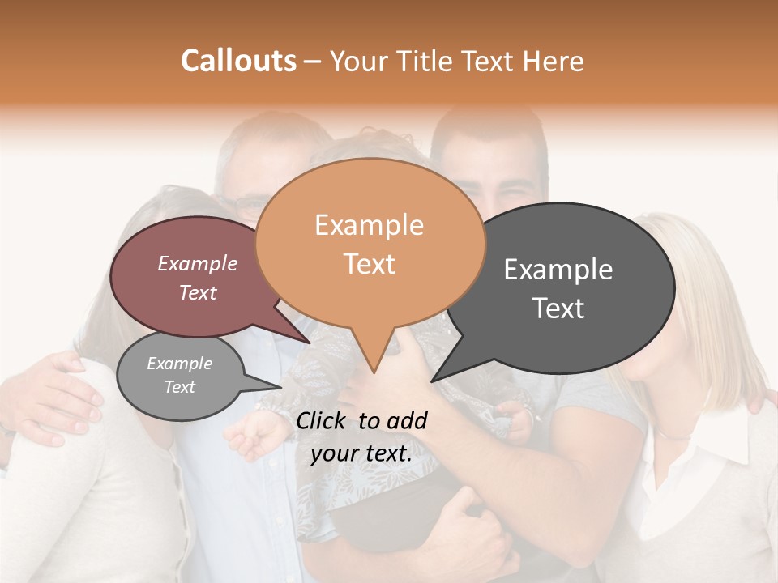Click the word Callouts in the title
(238, 61)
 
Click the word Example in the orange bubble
(369, 225)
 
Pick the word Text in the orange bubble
(370, 264)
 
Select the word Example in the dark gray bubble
(558, 270)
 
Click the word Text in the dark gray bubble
(558, 309)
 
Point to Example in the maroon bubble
(198, 264)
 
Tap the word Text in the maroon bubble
(198, 293)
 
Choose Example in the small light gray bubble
(179, 364)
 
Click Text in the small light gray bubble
(179, 387)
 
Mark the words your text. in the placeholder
(361, 453)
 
